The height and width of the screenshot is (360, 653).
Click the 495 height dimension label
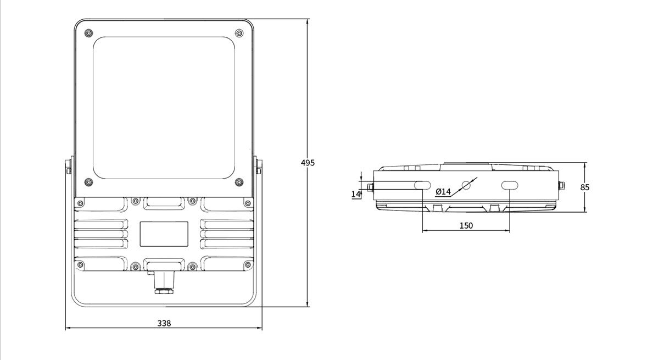click(x=308, y=163)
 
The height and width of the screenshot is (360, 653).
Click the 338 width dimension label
click(x=164, y=323)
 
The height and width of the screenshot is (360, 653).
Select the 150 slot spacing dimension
click(x=466, y=225)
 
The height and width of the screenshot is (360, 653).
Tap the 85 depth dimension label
click(x=585, y=187)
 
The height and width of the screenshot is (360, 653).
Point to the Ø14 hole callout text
click(x=443, y=192)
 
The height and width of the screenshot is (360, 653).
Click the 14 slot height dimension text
click(x=356, y=194)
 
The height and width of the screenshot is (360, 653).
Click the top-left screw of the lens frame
click(x=88, y=33)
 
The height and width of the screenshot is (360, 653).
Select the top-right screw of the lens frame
click(x=239, y=33)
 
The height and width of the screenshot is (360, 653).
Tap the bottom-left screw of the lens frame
click(x=88, y=182)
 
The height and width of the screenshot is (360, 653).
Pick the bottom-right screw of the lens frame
click(x=239, y=182)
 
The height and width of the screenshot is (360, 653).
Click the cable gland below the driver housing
click(x=164, y=283)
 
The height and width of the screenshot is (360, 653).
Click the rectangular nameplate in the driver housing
click(x=164, y=234)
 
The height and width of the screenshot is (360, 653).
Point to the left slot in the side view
click(x=422, y=185)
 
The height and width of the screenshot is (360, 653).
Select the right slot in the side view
click(x=510, y=185)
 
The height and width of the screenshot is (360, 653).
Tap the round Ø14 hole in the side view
click(x=466, y=185)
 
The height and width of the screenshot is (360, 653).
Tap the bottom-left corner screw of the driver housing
click(x=81, y=264)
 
